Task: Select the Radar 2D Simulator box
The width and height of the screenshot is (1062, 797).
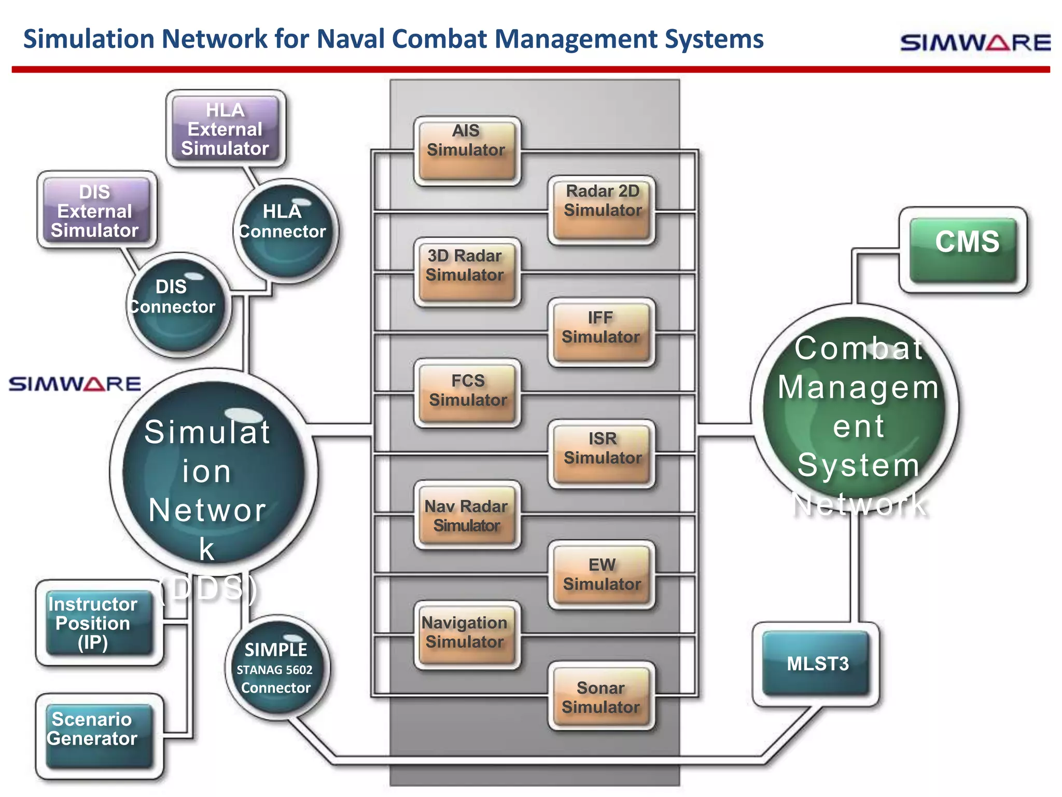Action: tap(602, 210)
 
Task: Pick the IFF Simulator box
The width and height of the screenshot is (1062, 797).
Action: tap(602, 332)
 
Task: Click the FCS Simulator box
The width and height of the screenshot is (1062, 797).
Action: tap(467, 393)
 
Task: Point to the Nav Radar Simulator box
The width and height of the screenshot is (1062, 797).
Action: tap(467, 515)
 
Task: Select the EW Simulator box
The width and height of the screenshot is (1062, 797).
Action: tap(602, 575)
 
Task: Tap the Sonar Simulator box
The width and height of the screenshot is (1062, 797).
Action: tap(602, 696)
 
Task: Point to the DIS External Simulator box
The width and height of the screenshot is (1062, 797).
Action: tap(96, 210)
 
